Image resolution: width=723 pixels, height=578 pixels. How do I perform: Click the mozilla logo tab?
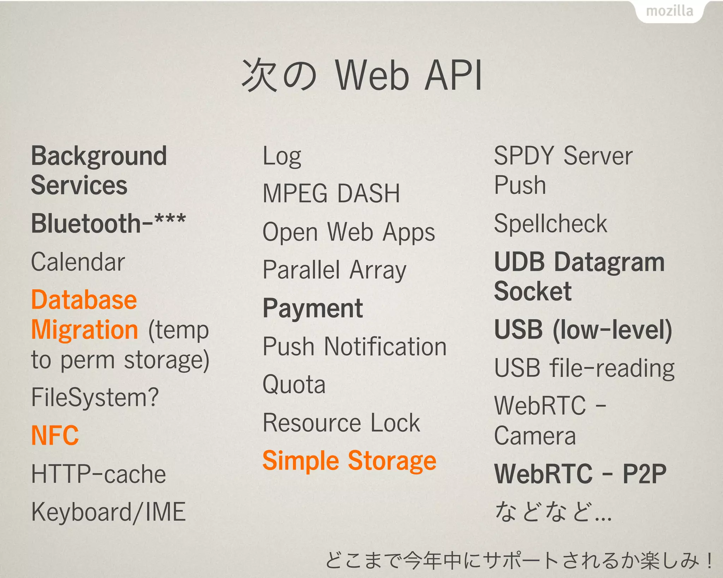pyautogui.click(x=669, y=11)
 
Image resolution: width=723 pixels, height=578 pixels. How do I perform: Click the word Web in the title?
pyautogui.click(x=372, y=75)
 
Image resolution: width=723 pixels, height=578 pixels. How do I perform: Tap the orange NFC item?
pyautogui.click(x=55, y=435)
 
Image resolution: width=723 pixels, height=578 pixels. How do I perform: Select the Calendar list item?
pyautogui.click(x=78, y=262)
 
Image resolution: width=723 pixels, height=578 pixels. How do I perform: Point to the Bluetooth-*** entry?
pyautogui.click(x=108, y=223)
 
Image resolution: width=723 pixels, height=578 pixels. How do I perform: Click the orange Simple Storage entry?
pyautogui.click(x=349, y=461)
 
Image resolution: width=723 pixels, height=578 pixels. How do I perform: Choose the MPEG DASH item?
pyautogui.click(x=331, y=194)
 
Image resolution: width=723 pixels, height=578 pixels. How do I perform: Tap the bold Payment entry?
pyautogui.click(x=313, y=308)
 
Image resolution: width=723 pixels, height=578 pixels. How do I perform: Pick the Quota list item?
pyautogui.click(x=294, y=384)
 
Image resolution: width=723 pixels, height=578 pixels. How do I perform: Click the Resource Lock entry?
pyautogui.click(x=341, y=423)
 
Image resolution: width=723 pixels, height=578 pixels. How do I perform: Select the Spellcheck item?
pyautogui.click(x=550, y=224)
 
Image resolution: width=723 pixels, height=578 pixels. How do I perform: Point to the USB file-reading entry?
pyautogui.click(x=584, y=368)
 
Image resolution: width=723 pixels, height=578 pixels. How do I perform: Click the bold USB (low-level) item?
pyautogui.click(x=583, y=330)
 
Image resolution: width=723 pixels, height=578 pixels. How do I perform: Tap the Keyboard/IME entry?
pyautogui.click(x=108, y=512)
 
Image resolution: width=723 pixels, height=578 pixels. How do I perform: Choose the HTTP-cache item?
pyautogui.click(x=98, y=474)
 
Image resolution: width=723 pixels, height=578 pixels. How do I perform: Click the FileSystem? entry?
pyautogui.click(x=95, y=398)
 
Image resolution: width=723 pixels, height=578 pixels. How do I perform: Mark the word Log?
pyautogui.click(x=282, y=157)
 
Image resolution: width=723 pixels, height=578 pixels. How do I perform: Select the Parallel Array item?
pyautogui.click(x=334, y=270)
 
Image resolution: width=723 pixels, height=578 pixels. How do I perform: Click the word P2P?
pyautogui.click(x=644, y=474)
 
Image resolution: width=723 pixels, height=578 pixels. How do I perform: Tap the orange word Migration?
pyautogui.click(x=85, y=330)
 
